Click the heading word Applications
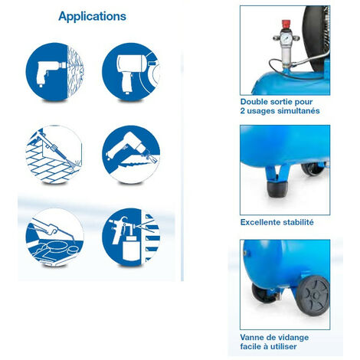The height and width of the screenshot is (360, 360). click(92, 16)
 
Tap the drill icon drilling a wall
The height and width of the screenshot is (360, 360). click(54, 71)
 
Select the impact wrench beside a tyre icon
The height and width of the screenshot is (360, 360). click(131, 71)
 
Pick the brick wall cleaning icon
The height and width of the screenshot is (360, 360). click(54, 155)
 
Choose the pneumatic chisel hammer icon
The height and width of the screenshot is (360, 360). click(131, 155)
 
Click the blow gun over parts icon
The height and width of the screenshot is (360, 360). click(54, 238)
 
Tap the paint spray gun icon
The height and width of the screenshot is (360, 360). click(131, 238)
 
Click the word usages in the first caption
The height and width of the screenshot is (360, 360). click(261, 111)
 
